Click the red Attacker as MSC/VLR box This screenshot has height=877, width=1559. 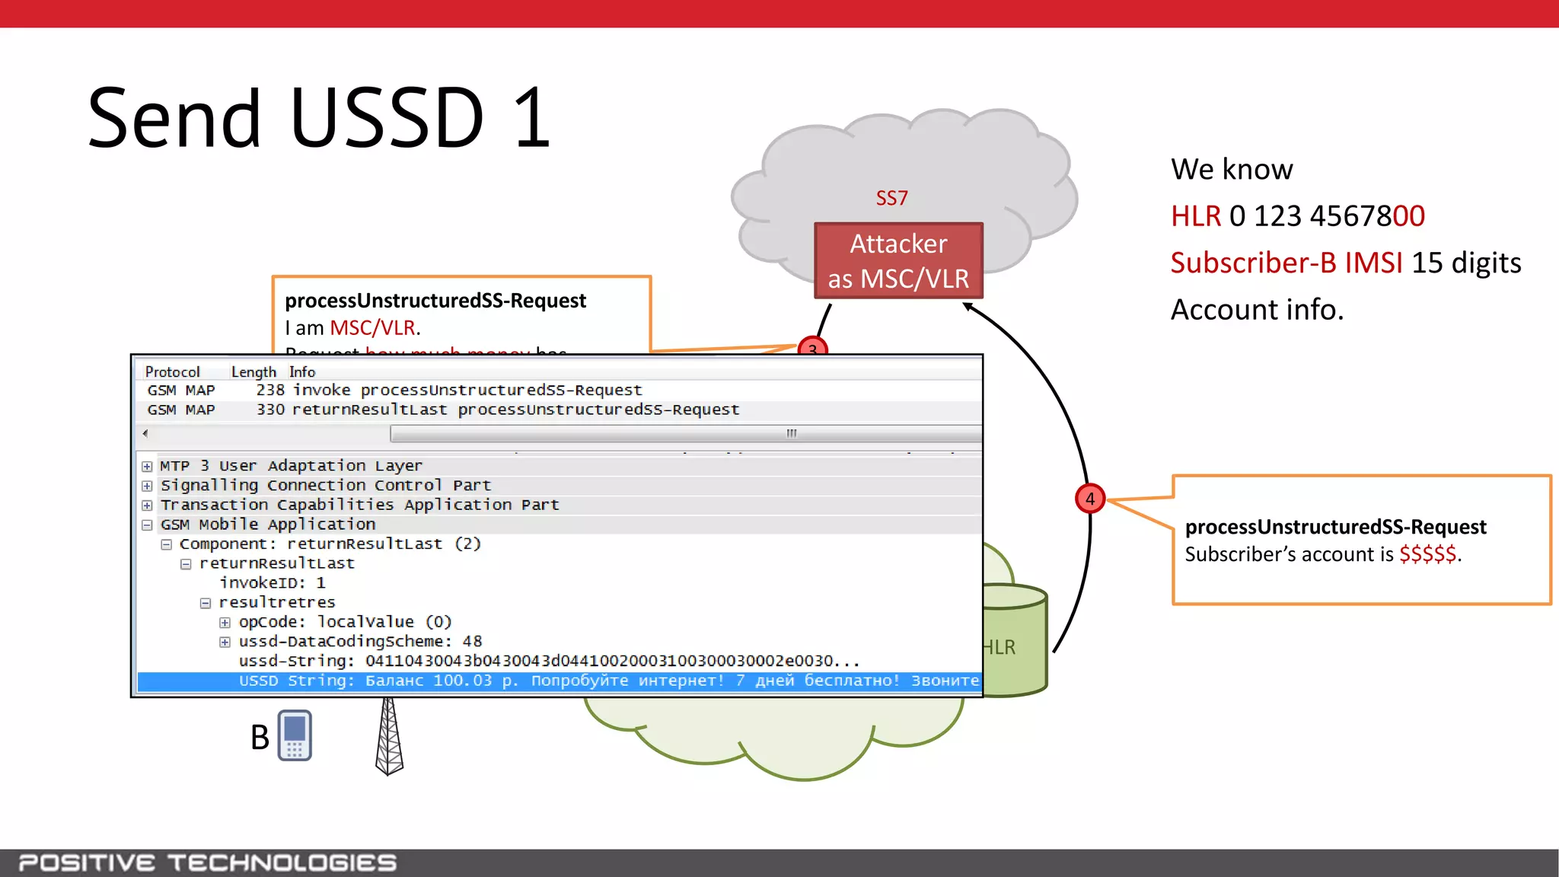point(898,261)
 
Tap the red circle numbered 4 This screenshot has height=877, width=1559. point(1089,499)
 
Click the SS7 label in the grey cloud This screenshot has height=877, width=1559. point(891,198)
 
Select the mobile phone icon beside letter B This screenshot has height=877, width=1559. point(295,735)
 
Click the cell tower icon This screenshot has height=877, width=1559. point(389,736)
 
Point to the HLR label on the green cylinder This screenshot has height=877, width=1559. point(1000,647)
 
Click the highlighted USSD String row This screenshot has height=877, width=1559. point(559,681)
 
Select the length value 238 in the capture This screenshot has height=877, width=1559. point(270,390)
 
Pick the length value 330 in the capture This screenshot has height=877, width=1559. point(270,410)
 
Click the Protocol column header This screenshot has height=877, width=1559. point(173,372)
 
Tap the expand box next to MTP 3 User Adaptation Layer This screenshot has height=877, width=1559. point(147,466)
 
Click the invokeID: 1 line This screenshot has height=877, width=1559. point(273,582)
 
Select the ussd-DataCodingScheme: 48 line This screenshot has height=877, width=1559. point(360,641)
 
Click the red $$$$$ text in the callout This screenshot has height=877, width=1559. point(1427,554)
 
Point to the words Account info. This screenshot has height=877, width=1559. point(1257,310)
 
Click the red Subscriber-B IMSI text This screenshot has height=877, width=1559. point(1286,263)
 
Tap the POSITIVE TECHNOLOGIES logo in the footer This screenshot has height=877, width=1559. point(207,863)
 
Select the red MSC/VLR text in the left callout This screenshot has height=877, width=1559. point(372,328)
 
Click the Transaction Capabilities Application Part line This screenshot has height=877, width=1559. point(359,505)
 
